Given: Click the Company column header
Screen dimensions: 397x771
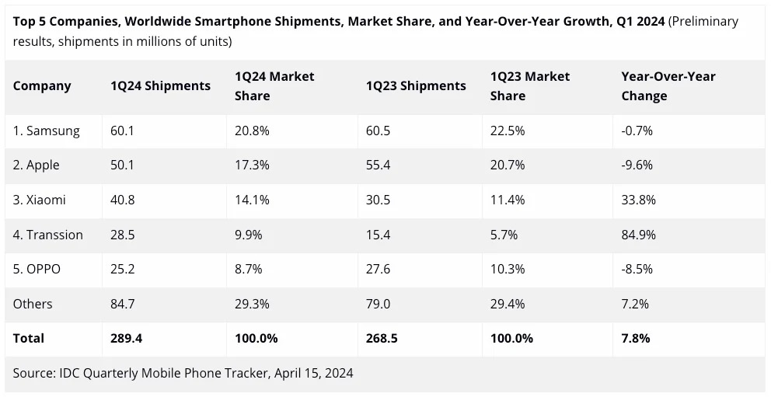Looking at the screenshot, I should click(42, 86).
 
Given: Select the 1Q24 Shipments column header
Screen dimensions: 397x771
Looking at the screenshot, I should click(160, 86).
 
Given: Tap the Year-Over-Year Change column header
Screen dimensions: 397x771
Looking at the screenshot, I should click(658, 86).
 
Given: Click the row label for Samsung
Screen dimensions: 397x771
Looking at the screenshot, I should click(46, 131).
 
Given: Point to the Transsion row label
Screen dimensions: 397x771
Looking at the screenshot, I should click(47, 235).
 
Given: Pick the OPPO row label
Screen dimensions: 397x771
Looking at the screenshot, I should click(37, 270).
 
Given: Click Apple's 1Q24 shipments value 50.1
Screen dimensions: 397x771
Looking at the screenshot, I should click(122, 165).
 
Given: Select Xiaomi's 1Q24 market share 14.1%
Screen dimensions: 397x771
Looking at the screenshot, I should click(252, 200).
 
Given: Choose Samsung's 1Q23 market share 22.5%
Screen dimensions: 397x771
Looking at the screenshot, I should click(508, 131).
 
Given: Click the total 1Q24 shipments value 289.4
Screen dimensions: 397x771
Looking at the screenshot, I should click(126, 338).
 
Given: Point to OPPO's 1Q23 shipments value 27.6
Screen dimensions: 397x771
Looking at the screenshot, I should click(378, 270).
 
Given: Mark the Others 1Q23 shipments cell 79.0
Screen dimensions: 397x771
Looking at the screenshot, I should click(378, 304).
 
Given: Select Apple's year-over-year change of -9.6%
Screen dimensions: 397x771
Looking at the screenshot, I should click(637, 165).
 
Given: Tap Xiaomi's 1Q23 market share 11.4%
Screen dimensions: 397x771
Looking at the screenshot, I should click(508, 200).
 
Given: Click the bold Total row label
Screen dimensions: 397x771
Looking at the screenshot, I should click(29, 338).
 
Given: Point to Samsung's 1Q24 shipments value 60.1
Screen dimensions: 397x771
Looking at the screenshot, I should click(122, 131).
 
